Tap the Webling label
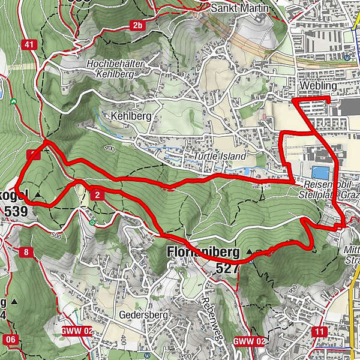pyautogui.click(x=317, y=86)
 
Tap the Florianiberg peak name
pyautogui.click(x=204, y=251)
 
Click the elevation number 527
pyautogui.click(x=226, y=267)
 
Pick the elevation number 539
pyautogui.click(x=15, y=211)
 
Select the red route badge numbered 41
pyautogui.click(x=28, y=44)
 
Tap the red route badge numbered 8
pyautogui.click(x=26, y=252)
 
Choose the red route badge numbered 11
pyautogui.click(x=319, y=331)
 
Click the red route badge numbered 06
pyautogui.click(x=10, y=340)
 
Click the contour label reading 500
pyautogui.click(x=57, y=236)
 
